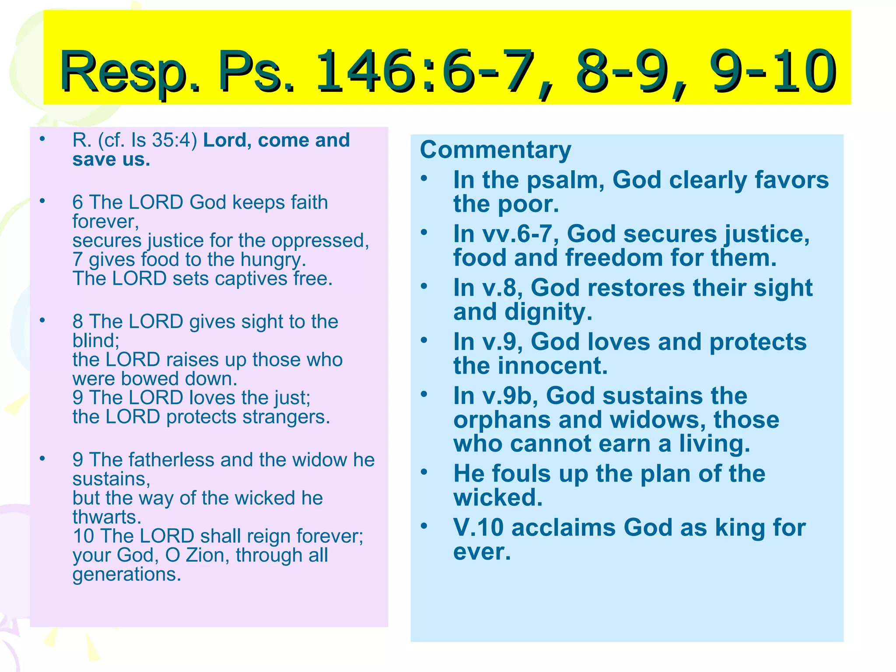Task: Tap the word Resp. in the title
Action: click(x=129, y=72)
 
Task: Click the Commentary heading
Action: click(x=496, y=150)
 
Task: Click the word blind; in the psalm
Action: click(x=96, y=341)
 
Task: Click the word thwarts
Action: click(x=107, y=517)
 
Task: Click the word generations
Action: click(x=126, y=574)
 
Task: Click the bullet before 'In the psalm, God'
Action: click(x=423, y=178)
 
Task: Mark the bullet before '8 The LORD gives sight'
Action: click(x=42, y=321)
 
